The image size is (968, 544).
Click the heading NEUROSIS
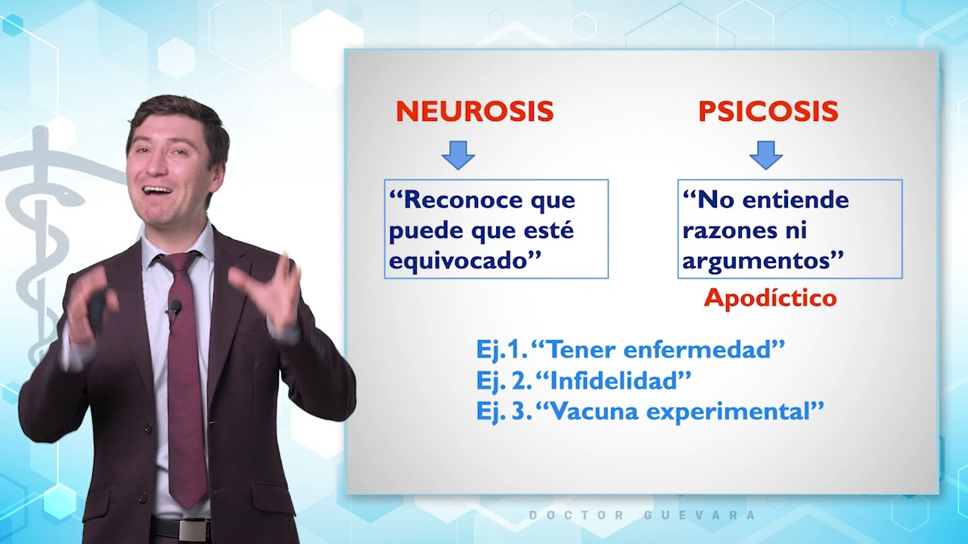point(475,112)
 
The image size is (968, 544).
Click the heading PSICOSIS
point(768,112)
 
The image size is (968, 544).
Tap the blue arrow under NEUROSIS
point(458,154)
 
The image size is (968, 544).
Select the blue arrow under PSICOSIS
point(765,154)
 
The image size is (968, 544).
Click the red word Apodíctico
point(770,298)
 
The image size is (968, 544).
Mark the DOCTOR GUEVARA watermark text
point(642,515)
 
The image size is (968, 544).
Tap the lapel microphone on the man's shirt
point(175,307)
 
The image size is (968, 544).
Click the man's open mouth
point(158,190)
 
